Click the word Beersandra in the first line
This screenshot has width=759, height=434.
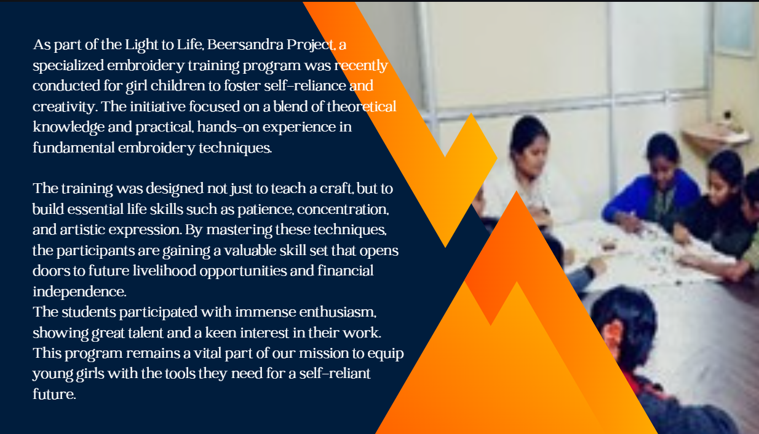tap(245, 45)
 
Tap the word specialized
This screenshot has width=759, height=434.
tap(68, 66)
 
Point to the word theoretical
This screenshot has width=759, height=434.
tap(362, 106)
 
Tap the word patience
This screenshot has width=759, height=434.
tap(265, 210)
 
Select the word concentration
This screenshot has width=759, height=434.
tap(343, 210)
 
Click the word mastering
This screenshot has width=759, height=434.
tap(239, 230)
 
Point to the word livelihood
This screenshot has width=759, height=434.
tap(164, 271)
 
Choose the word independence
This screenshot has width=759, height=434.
tap(79, 292)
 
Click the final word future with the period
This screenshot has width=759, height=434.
tap(54, 395)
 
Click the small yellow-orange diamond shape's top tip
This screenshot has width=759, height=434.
tap(471, 113)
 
